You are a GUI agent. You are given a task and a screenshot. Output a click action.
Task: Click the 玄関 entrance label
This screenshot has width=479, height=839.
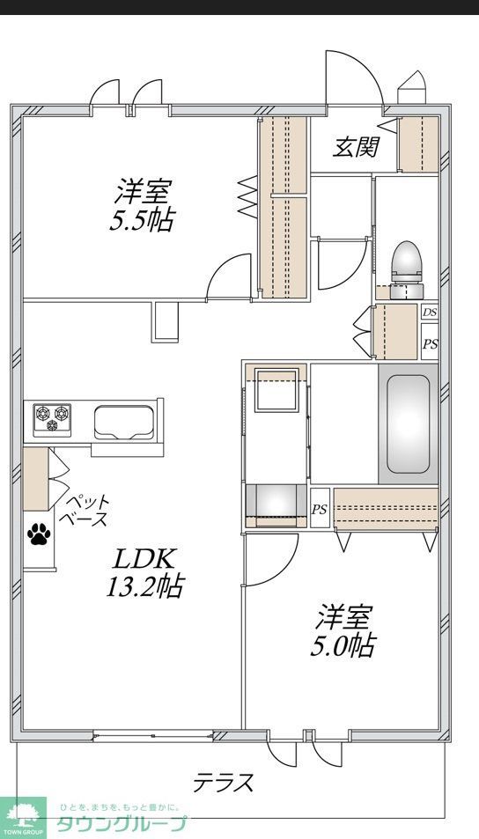point(355,147)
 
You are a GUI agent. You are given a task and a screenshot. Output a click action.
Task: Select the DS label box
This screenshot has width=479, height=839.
point(429,313)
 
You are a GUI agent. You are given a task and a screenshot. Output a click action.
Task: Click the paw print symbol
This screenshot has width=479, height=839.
point(39,534)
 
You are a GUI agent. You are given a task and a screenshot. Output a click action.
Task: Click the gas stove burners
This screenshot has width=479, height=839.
point(52,417)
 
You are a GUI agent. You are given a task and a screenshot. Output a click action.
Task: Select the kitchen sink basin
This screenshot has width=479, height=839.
point(124,421)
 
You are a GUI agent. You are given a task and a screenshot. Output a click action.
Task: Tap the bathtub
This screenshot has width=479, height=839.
point(409,423)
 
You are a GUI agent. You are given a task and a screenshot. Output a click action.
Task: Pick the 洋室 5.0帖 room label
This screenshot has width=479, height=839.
point(342,630)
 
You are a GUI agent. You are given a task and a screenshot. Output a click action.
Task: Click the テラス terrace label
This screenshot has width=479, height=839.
point(224,781)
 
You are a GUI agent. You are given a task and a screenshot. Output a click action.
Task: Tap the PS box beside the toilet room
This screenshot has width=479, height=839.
point(429,343)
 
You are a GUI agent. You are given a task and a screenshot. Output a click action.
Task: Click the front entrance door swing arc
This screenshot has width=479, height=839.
point(352,77)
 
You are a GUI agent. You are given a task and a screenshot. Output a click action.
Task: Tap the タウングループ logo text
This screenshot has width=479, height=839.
point(122,825)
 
